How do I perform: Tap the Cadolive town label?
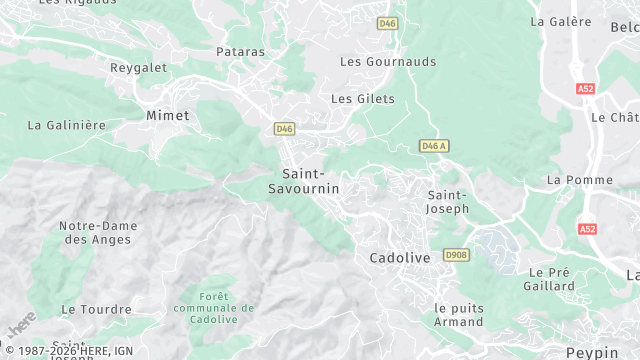(399, 257)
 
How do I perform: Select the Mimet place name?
(167, 115)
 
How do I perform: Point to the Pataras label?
(240, 50)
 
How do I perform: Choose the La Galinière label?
(67, 125)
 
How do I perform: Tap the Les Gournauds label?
(388, 61)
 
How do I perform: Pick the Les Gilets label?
(362, 99)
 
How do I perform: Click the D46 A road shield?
(433, 146)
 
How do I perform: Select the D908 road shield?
(456, 255)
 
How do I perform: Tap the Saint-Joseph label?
(447, 201)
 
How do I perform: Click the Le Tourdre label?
(96, 310)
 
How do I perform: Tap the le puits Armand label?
(459, 314)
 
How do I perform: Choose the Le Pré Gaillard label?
(549, 278)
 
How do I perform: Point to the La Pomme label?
(580, 180)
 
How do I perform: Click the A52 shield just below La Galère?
(585, 89)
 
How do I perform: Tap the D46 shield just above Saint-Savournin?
(284, 129)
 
